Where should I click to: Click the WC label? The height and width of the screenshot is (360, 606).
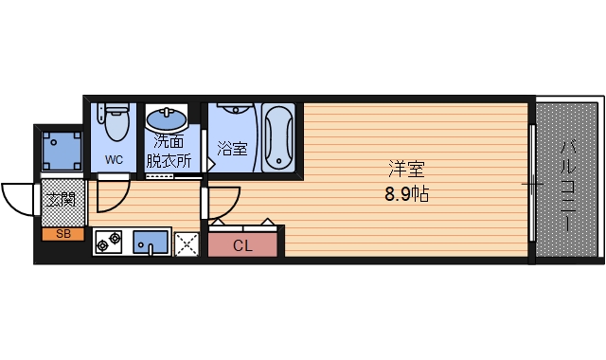coord(114,159)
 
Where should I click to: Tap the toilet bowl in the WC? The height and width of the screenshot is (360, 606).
coord(116,124)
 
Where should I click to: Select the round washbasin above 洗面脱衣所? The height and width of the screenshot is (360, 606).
coord(167,119)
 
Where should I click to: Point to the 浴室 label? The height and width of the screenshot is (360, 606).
coord(232,148)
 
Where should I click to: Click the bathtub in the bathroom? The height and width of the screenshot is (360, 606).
coord(278,137)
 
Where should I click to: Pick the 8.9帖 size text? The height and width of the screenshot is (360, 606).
coord(406,194)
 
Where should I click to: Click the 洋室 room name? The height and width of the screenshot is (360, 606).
coord(406,169)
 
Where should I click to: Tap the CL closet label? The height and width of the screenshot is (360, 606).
coord(242,245)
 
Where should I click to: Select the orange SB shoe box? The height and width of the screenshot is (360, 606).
coord(63,234)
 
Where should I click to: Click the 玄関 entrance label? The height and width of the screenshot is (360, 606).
coord(62,200)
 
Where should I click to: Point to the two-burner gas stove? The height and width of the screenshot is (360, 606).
coord(109,243)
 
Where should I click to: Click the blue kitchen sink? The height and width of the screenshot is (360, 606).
coord(151,243)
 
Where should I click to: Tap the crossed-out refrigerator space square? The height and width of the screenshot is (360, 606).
coord(187,244)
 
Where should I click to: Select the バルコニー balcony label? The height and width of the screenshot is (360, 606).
coord(568,186)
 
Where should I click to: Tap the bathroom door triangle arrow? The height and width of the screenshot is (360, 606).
coord(210,164)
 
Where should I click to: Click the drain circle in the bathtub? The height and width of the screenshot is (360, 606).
coord(278,161)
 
